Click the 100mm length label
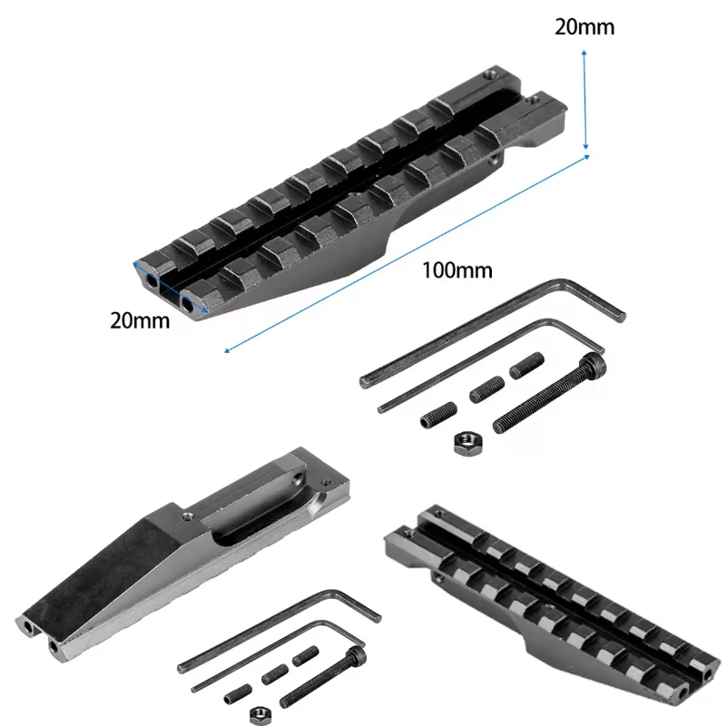pyautogui.click(x=457, y=270)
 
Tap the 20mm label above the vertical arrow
pyautogui.click(x=584, y=27)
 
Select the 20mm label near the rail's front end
pyautogui.click(x=140, y=320)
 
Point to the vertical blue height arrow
pyautogui.click(x=585, y=100)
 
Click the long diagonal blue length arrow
pyautogui.click(x=407, y=254)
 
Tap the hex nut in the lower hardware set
pyautogui.click(x=260, y=715)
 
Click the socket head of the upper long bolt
pyautogui.click(x=594, y=365)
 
